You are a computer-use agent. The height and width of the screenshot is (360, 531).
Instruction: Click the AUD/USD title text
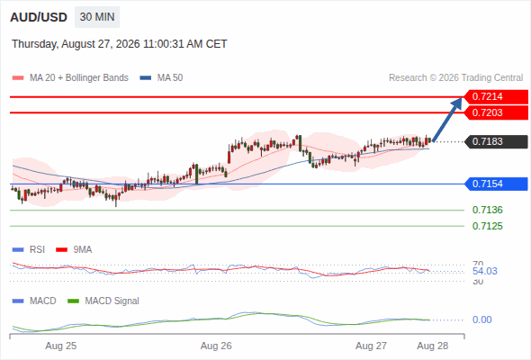pos(39,17)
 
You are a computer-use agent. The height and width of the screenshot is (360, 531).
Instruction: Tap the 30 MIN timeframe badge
pos(97,17)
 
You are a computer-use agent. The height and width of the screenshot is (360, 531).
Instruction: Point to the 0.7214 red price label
pos(496,97)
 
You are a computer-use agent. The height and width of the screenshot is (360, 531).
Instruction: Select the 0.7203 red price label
pos(496,112)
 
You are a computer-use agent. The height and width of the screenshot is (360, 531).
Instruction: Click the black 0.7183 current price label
pos(496,141)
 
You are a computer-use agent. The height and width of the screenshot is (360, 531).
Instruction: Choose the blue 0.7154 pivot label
pos(496,184)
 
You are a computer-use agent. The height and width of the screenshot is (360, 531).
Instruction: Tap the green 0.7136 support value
pos(487,210)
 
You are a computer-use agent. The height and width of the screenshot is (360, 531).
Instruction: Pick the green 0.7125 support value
pos(487,226)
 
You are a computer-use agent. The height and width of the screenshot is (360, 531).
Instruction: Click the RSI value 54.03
pos(485,271)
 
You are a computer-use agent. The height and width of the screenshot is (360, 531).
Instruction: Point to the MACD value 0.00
pos(481,319)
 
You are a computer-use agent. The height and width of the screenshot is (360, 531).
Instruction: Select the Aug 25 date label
pos(61,346)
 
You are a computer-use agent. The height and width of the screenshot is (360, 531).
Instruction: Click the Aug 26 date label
pos(216,346)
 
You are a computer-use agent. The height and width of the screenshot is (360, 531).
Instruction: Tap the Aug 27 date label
pos(371,346)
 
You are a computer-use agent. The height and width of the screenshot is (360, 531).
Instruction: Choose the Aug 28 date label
pos(433,346)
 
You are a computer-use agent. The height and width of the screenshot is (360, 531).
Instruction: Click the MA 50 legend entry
pos(161,78)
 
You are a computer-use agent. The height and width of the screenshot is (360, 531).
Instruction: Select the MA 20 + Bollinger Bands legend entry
pos(70,78)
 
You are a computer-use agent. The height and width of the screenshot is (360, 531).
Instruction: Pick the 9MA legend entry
pos(74,250)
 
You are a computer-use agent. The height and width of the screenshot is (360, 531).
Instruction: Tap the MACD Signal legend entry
pos(103,301)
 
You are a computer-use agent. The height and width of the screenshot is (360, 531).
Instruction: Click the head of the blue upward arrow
pos(457,103)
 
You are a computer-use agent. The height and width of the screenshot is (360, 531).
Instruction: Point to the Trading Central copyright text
pos(455,78)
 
